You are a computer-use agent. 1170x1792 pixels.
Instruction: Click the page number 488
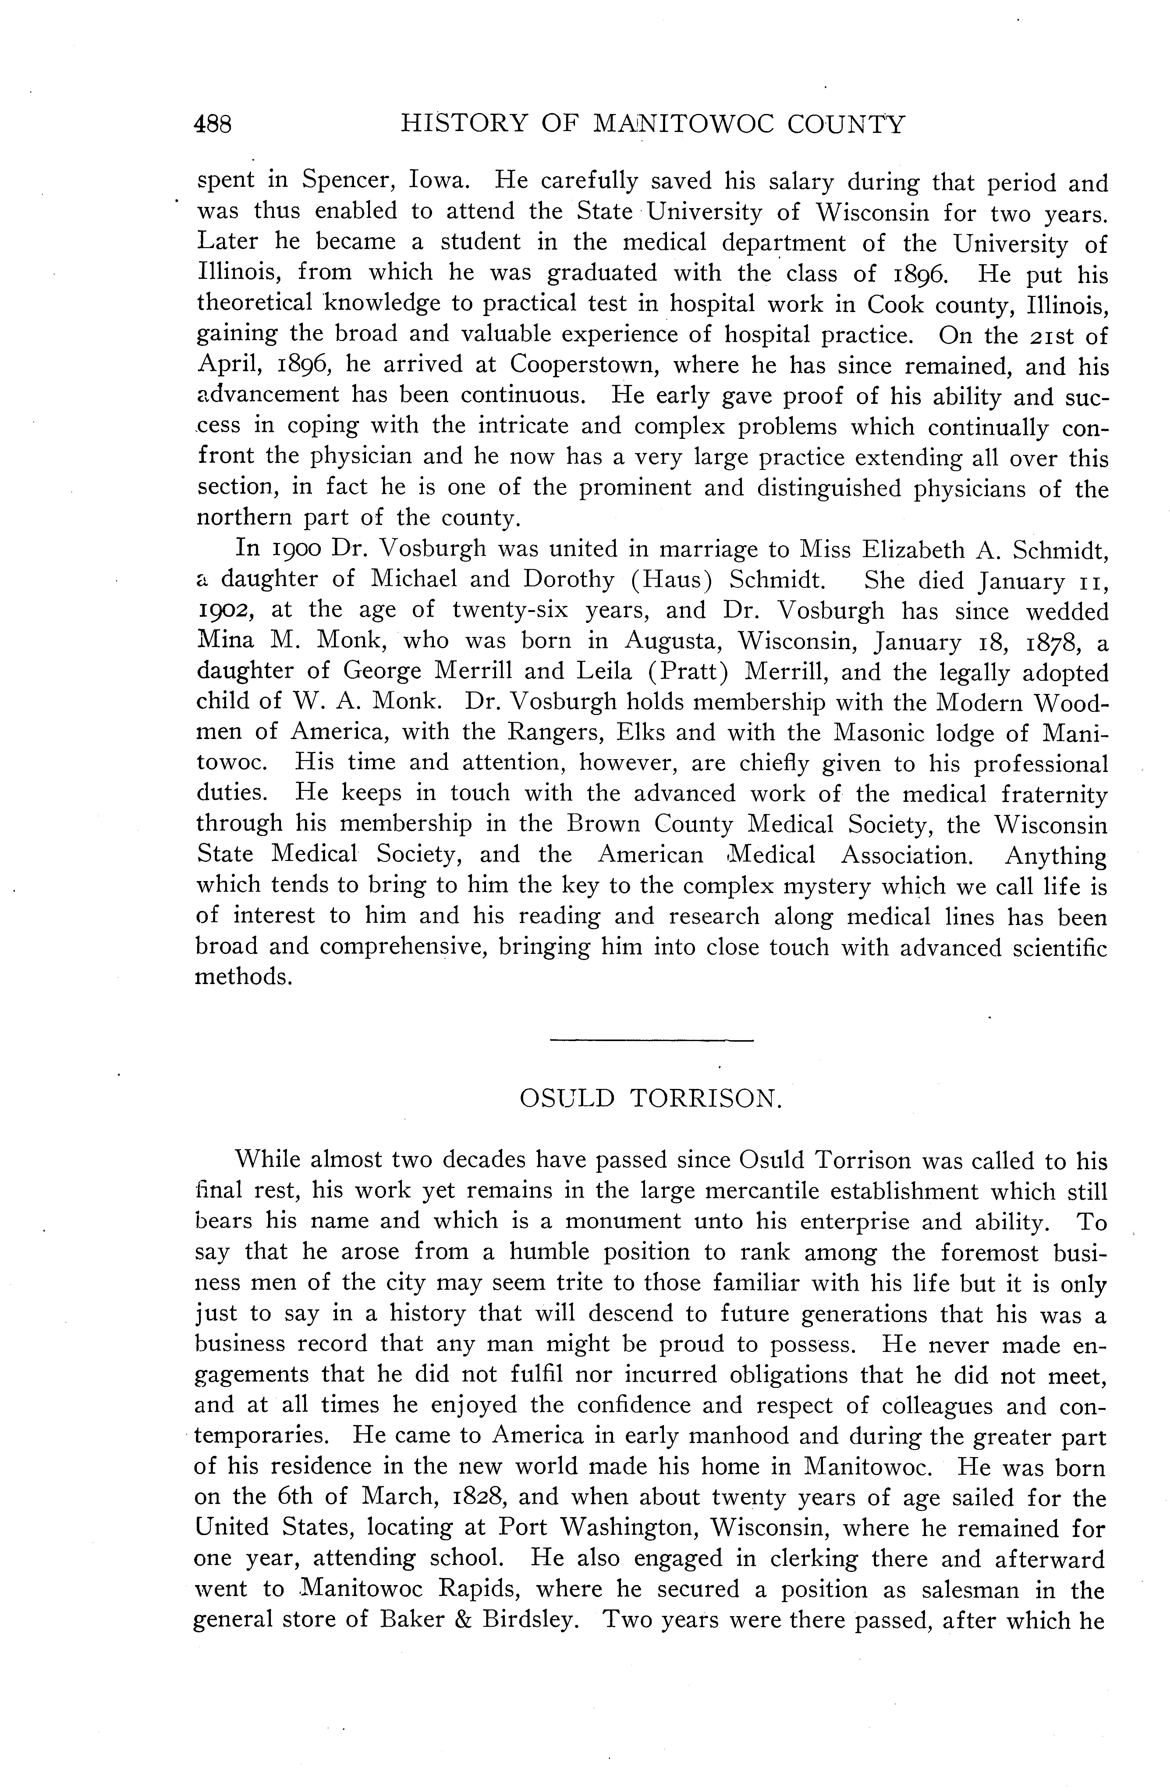click(x=213, y=124)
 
